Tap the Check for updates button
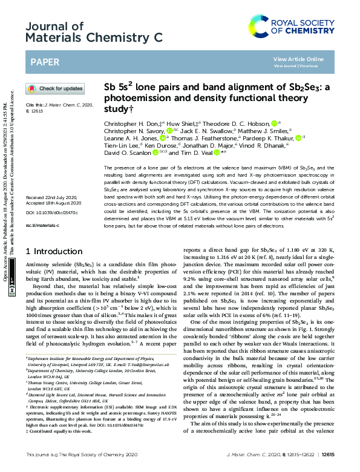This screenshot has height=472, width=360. [56, 88]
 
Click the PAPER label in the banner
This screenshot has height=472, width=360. [45, 61]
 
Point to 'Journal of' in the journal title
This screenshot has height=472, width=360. [54, 26]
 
